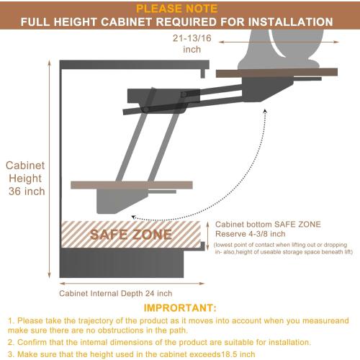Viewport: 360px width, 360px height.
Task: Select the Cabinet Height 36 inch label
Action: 25,178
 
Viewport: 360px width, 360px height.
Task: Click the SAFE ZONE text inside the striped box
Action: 130,235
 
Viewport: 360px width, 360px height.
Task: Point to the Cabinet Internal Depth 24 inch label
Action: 116,294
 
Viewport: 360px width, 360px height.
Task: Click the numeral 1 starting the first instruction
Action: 10,320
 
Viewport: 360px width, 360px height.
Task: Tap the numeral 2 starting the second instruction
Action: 10,342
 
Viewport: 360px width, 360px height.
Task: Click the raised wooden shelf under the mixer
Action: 277,72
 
